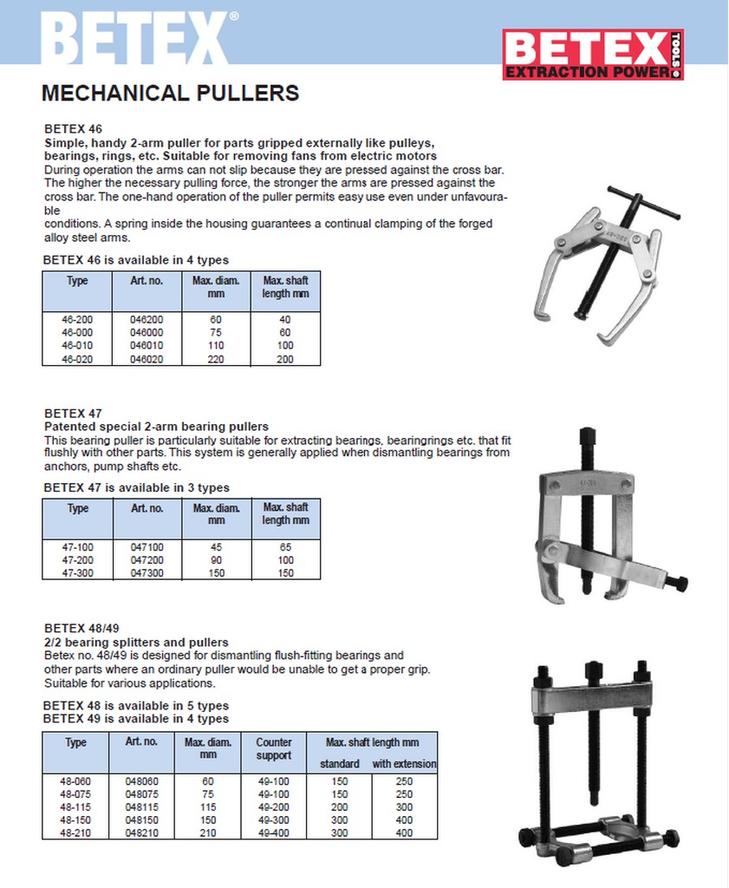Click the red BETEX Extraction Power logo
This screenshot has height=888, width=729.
pyautogui.click(x=593, y=55)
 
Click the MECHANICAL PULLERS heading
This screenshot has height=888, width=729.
pyautogui.click(x=170, y=93)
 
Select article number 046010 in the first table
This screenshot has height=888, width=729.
pyautogui.click(x=146, y=345)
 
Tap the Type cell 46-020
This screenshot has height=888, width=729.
pyautogui.click(x=78, y=358)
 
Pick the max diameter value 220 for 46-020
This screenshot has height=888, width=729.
pyautogui.click(x=216, y=358)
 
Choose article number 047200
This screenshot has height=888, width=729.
pyautogui.click(x=146, y=560)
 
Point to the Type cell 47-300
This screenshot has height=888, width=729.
pyautogui.click(x=78, y=573)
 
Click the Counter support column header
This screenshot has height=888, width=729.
pyautogui.click(x=274, y=749)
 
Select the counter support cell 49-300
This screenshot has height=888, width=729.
pyautogui.click(x=274, y=819)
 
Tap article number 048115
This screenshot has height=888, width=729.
pyautogui.click(x=142, y=806)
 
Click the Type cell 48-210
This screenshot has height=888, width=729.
pyautogui.click(x=76, y=832)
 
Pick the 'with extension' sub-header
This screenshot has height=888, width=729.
pyautogui.click(x=404, y=764)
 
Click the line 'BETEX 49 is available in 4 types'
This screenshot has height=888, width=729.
pyautogui.click(x=136, y=719)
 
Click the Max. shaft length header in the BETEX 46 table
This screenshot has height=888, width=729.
pyautogui.click(x=285, y=287)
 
